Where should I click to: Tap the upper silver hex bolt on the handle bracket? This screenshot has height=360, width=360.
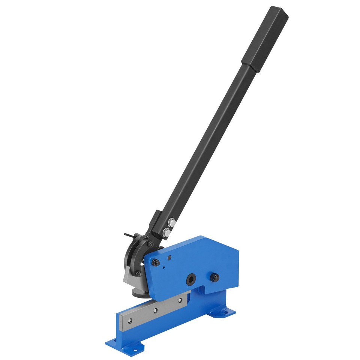(x=172, y=223)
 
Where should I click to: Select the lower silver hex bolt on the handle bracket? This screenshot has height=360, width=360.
(x=167, y=232)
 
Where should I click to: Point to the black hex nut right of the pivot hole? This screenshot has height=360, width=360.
(x=214, y=277)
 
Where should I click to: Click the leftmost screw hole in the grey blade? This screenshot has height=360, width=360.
(x=130, y=321)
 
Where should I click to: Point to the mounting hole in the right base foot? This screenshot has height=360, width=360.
(x=226, y=310)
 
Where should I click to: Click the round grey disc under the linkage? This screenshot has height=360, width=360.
(x=137, y=291)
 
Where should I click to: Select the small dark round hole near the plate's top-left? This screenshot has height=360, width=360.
(x=169, y=258)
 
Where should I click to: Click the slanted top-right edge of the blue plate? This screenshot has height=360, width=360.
(x=221, y=244)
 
